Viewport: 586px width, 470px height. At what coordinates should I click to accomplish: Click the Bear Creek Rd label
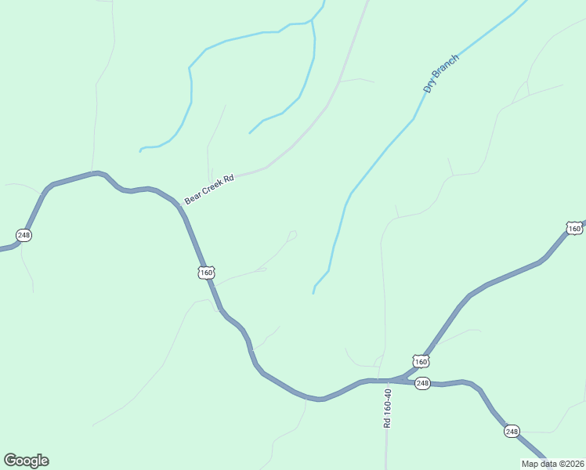click(x=209, y=190)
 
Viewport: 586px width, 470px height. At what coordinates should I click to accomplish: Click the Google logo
click(x=26, y=461)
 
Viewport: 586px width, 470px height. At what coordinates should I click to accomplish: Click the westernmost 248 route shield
click(x=24, y=235)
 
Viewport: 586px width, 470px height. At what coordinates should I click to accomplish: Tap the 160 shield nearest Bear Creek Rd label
click(x=205, y=273)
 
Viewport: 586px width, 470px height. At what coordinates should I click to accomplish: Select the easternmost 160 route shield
click(x=574, y=229)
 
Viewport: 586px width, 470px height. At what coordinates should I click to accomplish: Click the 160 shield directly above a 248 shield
click(x=421, y=361)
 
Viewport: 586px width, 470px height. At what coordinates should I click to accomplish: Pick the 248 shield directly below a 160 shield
click(x=422, y=383)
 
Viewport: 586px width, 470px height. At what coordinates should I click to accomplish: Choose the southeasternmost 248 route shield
click(x=512, y=431)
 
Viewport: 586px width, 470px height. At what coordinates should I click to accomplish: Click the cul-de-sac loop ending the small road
click(x=292, y=234)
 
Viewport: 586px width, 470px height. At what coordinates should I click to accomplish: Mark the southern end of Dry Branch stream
click(x=313, y=293)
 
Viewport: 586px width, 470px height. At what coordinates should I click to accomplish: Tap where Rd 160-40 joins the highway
click(x=385, y=380)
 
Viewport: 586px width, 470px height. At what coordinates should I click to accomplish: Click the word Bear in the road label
click(x=193, y=197)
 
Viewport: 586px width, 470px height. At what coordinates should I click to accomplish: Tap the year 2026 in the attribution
click(x=571, y=464)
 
